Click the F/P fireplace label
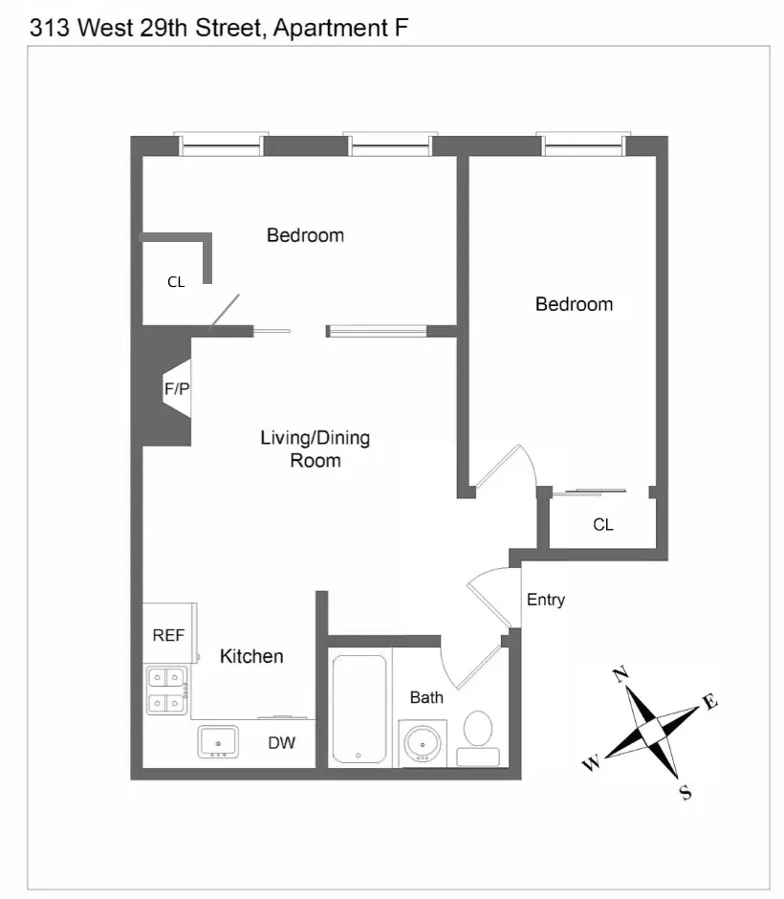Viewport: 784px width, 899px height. (x=177, y=389)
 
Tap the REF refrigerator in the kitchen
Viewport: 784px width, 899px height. (x=168, y=634)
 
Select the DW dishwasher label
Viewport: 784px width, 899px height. (x=280, y=742)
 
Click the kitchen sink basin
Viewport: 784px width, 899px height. (x=218, y=741)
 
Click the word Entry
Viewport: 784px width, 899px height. (x=546, y=600)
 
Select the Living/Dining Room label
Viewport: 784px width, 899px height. (x=315, y=449)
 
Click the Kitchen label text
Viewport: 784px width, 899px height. (x=251, y=656)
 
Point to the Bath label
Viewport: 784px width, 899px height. (x=426, y=697)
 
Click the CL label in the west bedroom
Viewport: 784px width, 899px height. (x=176, y=282)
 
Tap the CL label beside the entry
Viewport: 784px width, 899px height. (x=602, y=525)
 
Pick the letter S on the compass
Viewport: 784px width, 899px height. (x=685, y=793)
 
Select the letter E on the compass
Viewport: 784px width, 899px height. (x=709, y=703)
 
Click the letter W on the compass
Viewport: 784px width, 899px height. (x=591, y=764)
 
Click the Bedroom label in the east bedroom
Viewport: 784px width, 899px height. (x=574, y=304)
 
